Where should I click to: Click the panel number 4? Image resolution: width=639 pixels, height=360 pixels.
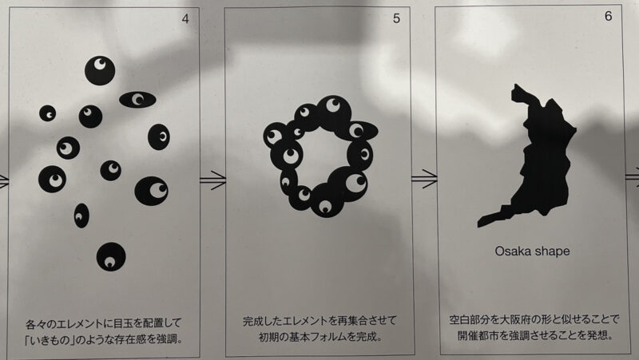click(x=185, y=19)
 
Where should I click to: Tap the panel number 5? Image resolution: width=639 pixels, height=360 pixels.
click(x=396, y=18)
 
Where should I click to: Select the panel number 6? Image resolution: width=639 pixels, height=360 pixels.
click(x=609, y=16)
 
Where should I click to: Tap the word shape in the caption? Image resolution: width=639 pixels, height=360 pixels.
click(x=552, y=251)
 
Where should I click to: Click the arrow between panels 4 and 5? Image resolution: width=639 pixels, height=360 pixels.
click(x=212, y=180)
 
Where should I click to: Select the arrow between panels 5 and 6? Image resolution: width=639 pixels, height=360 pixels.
click(x=424, y=178)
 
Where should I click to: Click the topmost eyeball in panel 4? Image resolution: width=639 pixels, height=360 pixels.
click(x=100, y=70)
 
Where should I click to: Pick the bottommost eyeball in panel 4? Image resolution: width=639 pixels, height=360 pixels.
click(x=111, y=257)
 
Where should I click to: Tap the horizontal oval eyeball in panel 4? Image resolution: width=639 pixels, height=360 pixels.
click(x=137, y=99)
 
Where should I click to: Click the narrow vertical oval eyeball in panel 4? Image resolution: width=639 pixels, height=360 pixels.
click(x=81, y=216)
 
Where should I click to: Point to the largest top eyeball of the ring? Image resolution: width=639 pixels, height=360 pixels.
click(x=334, y=111)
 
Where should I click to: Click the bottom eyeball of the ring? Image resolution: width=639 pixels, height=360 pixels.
click(x=325, y=200)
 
